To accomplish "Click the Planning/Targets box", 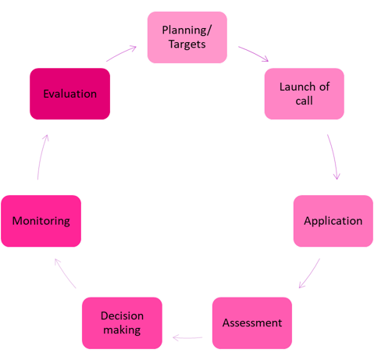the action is coord(187,37).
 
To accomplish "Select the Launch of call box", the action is coord(305,94).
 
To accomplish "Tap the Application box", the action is coord(333,221).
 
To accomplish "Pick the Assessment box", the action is coord(252,323).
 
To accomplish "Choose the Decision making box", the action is coord(122,323).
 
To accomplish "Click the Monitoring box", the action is coord(41,221).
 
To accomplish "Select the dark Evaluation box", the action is coord(70,94).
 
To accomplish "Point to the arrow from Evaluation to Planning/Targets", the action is coord(121,53).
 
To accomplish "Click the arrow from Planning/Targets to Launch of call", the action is coord(254,53).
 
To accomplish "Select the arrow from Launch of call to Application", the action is coord(333,157).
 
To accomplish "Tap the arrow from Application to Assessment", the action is coord(310,274).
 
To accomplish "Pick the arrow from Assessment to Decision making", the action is coord(187,338).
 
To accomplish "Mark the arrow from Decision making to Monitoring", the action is coord(65,273).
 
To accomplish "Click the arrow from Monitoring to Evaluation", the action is coord(41,157).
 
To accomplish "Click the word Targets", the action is coord(187,45).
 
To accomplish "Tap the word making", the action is coord(122,330).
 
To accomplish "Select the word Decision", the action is coord(122,316).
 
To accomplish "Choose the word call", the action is coord(304,101).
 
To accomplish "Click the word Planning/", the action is coord(187,30).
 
